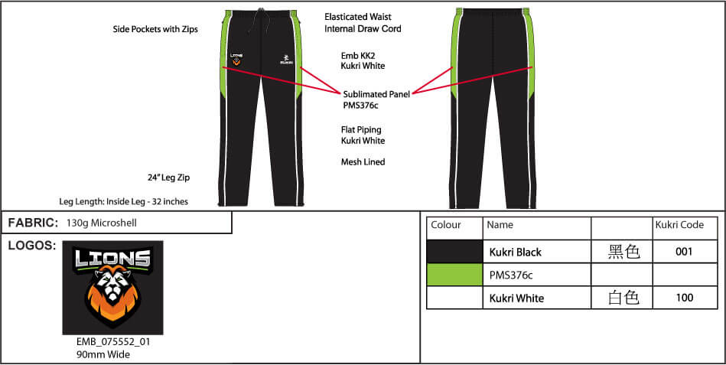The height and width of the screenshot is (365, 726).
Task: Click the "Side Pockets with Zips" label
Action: [x=155, y=29]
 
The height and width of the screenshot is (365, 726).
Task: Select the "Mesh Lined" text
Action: [x=363, y=162]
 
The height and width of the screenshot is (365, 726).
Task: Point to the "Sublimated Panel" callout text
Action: [x=376, y=94]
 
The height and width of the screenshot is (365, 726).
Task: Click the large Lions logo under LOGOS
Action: [x=112, y=287]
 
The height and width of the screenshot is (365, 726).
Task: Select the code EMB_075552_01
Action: [x=113, y=342]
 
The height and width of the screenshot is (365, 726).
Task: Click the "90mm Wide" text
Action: [x=103, y=355]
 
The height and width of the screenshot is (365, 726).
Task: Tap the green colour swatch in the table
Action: [x=454, y=275]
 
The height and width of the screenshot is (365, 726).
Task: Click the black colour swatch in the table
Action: [x=454, y=252]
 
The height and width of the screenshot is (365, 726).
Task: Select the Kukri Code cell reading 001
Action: [x=685, y=252]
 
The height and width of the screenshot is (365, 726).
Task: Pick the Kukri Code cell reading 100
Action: [x=685, y=298]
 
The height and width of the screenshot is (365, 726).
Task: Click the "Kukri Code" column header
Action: [x=679, y=225]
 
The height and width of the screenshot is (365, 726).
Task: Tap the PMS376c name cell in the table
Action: [x=511, y=275]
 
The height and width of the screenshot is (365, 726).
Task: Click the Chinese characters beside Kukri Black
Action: [x=623, y=253]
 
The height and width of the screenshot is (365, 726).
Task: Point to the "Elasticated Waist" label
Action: [x=358, y=17]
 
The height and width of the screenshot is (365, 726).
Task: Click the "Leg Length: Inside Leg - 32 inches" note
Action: [x=124, y=201]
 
